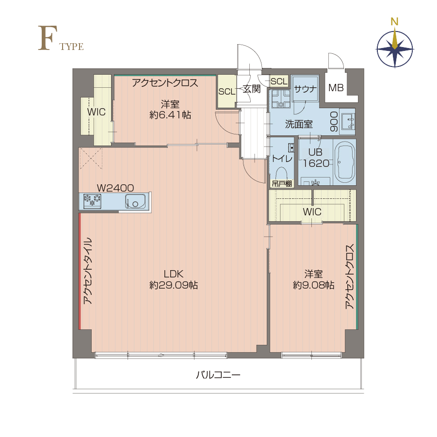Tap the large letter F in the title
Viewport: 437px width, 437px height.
48,38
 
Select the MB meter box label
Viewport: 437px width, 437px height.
336,88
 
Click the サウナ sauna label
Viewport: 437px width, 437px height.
306,89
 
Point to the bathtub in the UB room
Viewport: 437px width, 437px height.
345,162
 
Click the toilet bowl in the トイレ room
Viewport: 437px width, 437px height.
281,174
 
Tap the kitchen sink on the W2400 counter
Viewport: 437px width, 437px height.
135,201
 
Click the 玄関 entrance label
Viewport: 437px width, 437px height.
252,89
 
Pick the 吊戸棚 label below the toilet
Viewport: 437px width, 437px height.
282,183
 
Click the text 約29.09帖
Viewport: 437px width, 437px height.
174,285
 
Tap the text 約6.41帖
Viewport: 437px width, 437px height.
170,114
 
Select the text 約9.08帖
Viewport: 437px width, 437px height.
313,285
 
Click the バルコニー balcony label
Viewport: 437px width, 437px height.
218,375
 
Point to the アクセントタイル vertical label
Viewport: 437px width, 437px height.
87,271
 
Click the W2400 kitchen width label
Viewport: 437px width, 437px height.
115,188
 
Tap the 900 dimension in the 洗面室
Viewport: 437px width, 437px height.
334,122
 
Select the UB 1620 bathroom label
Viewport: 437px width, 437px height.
316,158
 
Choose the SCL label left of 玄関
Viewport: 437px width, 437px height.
227,91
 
